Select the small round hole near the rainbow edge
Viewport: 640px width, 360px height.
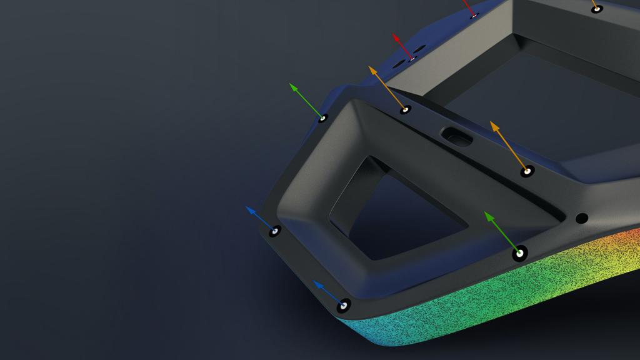pos(581,218)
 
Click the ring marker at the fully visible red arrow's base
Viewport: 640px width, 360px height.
pos(412,59)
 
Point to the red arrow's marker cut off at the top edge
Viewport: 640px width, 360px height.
pos(474,14)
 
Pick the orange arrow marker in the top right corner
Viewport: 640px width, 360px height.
pos(597,9)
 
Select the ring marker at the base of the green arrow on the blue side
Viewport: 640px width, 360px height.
pos(322,117)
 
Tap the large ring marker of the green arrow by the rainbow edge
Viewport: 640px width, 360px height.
pos(519,254)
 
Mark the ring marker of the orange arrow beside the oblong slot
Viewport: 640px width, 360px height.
pos(527,171)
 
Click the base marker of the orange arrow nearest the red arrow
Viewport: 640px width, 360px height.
pos(406,110)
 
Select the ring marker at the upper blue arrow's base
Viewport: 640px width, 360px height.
pos(274,231)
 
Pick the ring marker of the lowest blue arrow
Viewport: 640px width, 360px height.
pos(343,306)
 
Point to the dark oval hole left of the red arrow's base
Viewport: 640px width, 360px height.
pos(397,64)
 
